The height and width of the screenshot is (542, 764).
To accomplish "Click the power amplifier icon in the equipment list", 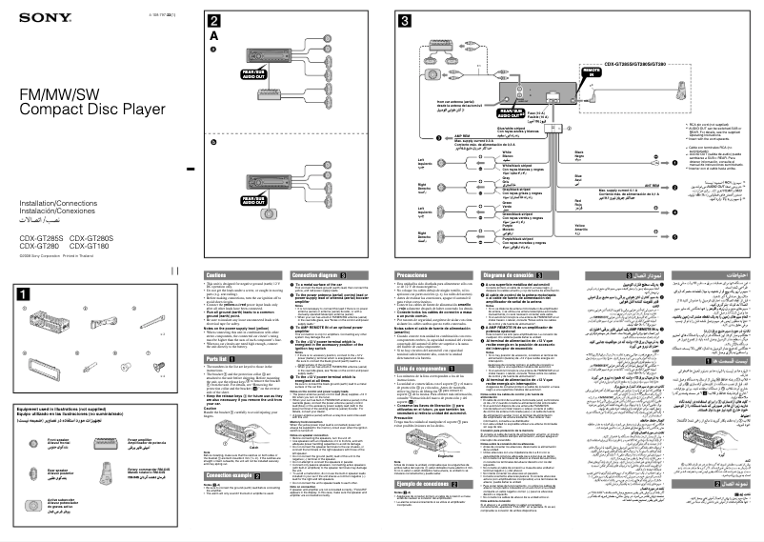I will [x=106, y=443].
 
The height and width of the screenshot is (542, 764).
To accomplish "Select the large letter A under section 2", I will [x=214, y=38].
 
